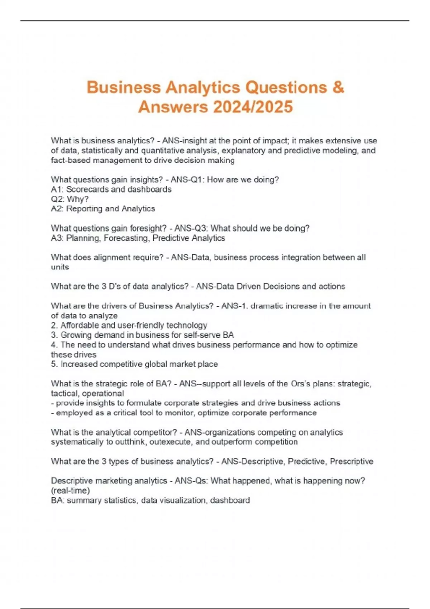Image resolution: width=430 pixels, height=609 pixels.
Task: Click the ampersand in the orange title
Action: pos(338,87)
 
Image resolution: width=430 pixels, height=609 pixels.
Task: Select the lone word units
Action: pos(59,267)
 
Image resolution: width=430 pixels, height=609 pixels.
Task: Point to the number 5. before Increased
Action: pos(54,364)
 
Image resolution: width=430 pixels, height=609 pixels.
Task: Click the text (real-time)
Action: pos(70,490)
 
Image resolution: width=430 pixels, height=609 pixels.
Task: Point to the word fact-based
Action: pos(71,160)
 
